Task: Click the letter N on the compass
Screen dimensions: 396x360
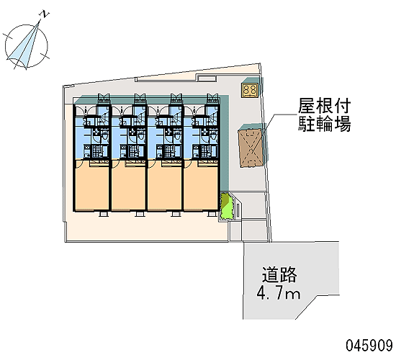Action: [x=44, y=14]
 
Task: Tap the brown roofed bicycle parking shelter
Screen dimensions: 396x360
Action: [x=251, y=148]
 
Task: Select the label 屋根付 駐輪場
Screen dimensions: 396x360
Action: [x=324, y=115]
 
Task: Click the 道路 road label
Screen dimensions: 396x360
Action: [x=279, y=275]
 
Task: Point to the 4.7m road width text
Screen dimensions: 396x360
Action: [x=279, y=294]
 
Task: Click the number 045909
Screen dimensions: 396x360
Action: [x=369, y=346]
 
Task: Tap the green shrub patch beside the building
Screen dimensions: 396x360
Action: [x=225, y=206]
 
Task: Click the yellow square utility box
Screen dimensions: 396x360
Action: [x=250, y=91]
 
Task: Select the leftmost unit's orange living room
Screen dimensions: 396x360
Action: [x=91, y=186]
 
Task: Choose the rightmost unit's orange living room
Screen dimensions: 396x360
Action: [x=201, y=186]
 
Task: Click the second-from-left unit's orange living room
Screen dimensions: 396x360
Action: [x=128, y=186]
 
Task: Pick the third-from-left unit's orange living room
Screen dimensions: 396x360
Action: [x=164, y=186]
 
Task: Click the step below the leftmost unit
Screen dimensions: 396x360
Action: [x=104, y=214]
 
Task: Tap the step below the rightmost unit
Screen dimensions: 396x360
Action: [x=212, y=214]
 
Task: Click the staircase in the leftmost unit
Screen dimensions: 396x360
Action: [x=104, y=118]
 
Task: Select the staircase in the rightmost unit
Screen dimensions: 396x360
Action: [x=212, y=118]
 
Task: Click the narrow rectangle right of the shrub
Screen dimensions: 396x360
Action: [x=238, y=210]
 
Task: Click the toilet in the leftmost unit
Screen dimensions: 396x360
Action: [x=105, y=135]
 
